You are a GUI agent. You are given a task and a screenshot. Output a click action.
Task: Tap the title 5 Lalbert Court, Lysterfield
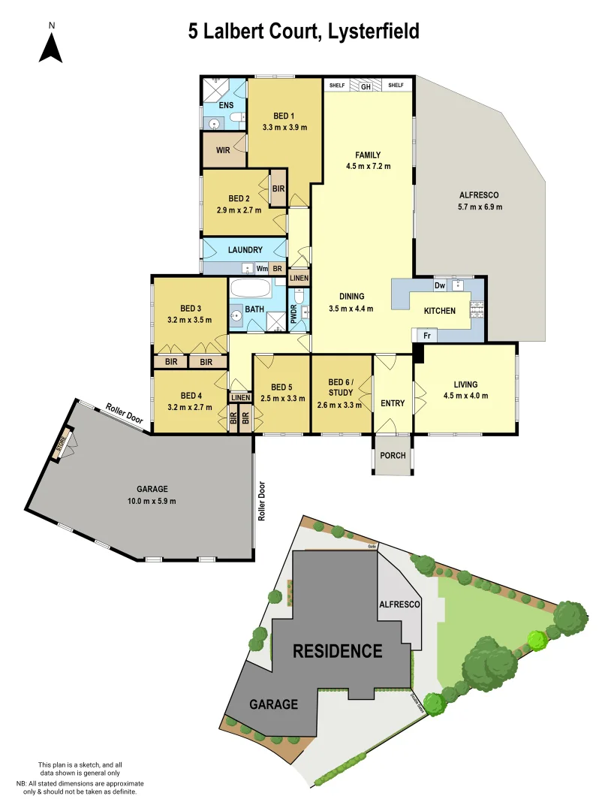coord(303,32)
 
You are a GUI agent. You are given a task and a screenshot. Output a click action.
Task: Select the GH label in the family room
coord(366,86)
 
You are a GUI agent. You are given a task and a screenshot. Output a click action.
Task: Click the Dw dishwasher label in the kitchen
coord(440,285)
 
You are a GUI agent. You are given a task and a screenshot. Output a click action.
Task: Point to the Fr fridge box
coord(426,336)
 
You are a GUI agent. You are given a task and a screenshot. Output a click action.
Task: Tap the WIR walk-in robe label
coord(223,150)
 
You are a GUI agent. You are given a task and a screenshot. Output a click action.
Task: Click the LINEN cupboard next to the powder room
coord(299,279)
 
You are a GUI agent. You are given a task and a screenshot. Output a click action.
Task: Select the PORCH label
coord(393,456)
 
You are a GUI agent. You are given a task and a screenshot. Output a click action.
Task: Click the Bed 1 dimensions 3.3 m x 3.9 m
coord(284,128)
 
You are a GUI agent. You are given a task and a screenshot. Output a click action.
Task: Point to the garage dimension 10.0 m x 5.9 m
coord(147,501)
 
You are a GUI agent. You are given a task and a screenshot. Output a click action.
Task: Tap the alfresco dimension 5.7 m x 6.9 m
coord(480,207)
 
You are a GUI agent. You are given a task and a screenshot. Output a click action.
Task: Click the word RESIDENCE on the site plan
coord(338,650)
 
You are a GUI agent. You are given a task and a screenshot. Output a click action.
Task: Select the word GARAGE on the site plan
coord(273,704)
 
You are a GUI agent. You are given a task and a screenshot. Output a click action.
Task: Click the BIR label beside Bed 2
coord(278,188)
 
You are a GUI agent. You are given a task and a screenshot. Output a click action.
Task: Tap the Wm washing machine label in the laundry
coord(262,268)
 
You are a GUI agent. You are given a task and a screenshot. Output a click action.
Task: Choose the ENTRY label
coord(393,403)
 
